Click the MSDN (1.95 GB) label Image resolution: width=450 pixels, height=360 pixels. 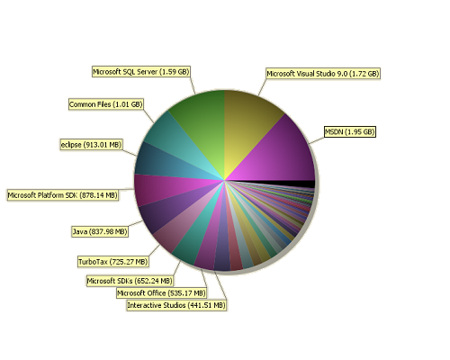click(350, 131)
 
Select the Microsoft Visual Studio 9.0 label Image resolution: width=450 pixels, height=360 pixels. click(323, 74)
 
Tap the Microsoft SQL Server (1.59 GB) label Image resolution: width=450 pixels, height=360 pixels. click(141, 72)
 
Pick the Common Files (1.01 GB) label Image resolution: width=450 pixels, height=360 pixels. click(105, 104)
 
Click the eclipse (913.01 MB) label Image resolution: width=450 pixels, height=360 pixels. click(91, 145)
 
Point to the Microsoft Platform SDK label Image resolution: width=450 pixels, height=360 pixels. click(63, 195)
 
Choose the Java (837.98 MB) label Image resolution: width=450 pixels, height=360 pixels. click(100, 231)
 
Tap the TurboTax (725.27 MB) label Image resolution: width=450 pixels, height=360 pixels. click(113, 262)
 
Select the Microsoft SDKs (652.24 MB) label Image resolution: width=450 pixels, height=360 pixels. click(130, 281)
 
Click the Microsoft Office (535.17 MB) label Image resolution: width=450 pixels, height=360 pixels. click(161, 293)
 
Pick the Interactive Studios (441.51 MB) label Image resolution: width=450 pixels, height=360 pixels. click(176, 305)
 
